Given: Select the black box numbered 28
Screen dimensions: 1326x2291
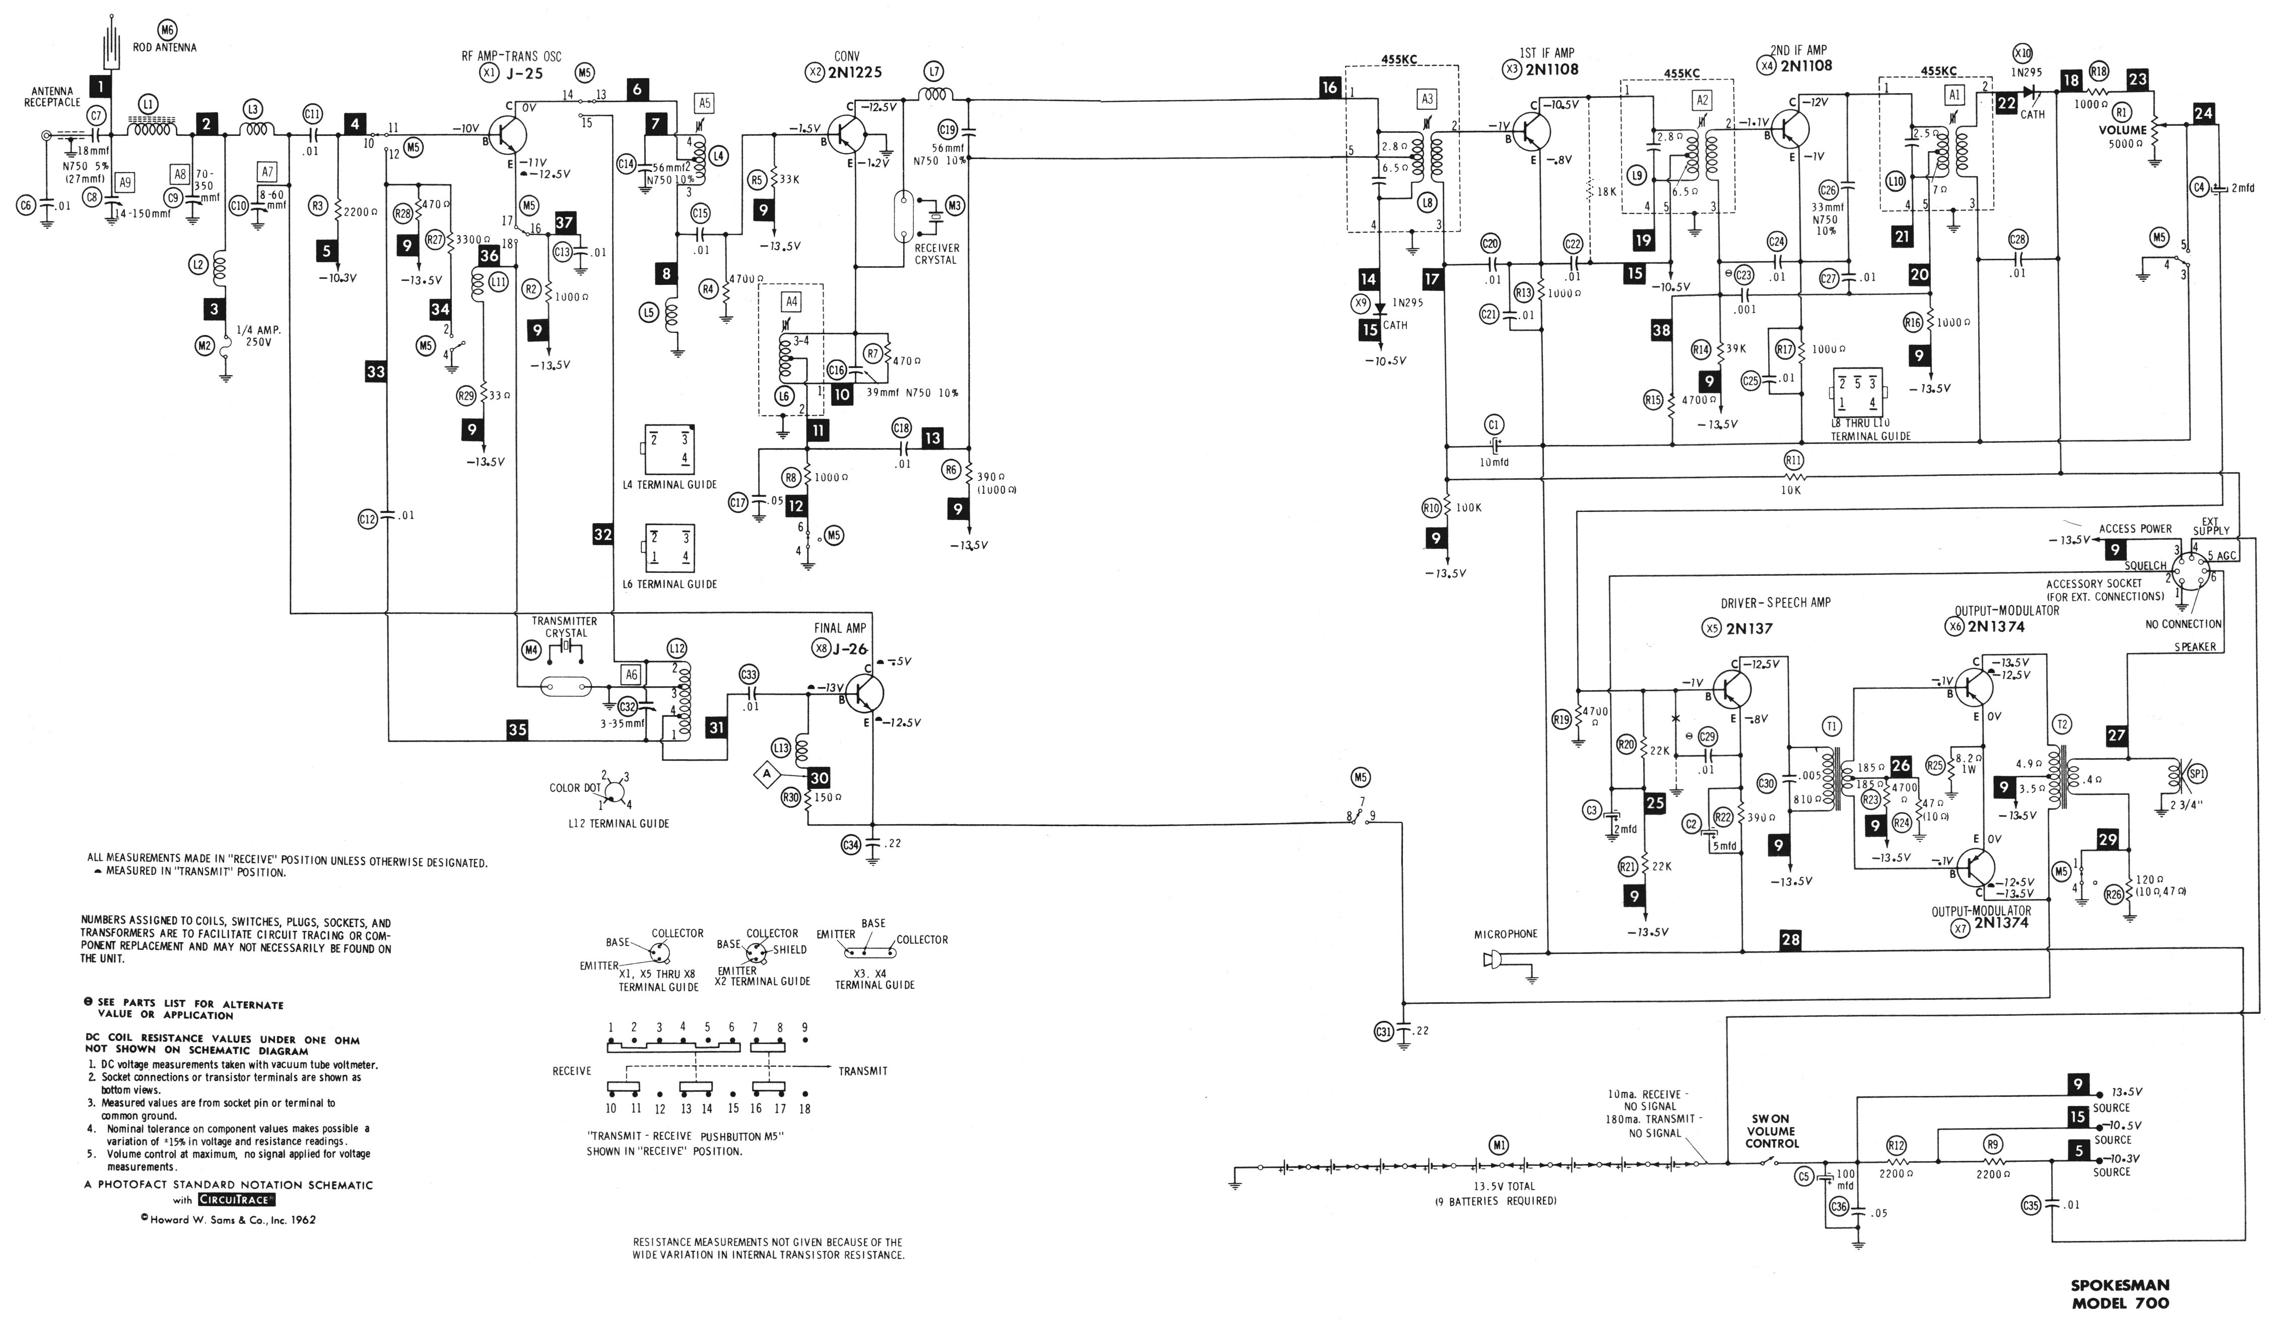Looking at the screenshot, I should click(1791, 940).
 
